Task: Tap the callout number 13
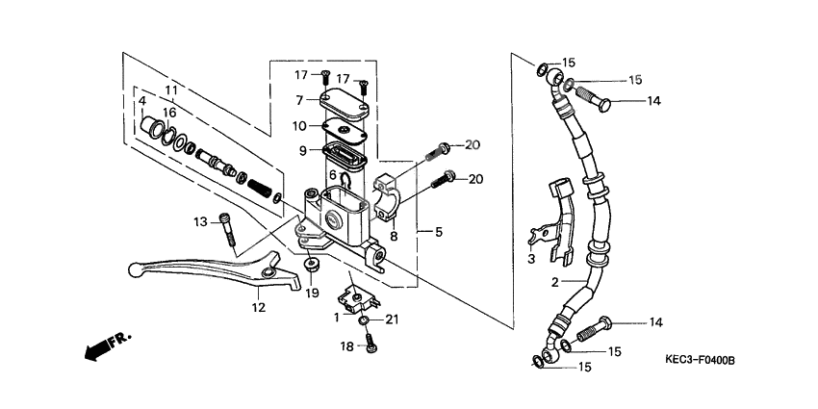[200, 222]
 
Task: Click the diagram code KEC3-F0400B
[699, 360]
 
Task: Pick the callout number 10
[300, 125]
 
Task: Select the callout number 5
[440, 232]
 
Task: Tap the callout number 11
[172, 90]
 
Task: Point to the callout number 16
[169, 113]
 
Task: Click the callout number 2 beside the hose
[554, 282]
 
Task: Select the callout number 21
[391, 320]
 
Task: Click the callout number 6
[333, 174]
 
